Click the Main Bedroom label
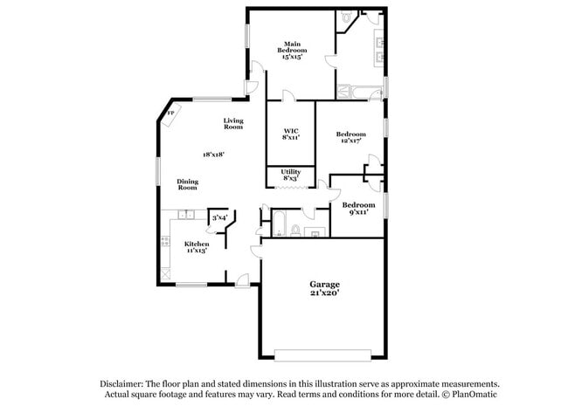pos(291,48)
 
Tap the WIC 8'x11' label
pos(291,134)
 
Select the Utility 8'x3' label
pos(291,175)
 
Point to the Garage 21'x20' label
pos(324,289)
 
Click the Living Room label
pos(232,124)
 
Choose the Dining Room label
pos(188,184)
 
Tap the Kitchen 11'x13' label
pos(197,247)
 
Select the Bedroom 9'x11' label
pos(358,208)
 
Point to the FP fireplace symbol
pos(170,114)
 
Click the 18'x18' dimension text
pos(214,155)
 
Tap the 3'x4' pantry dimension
pos(219,217)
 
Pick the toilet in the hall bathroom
pos(295,231)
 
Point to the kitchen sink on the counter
pos(185,216)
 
